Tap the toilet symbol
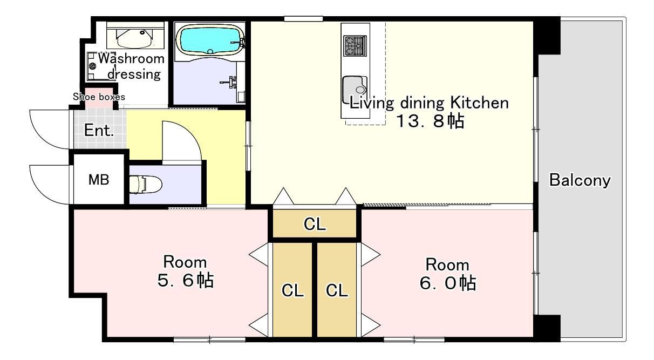145,184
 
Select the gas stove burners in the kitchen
355,46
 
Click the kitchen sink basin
355,90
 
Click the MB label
99,180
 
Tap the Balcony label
580,180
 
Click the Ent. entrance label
99,130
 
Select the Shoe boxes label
99,97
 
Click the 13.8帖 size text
431,121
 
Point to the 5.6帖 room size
186,280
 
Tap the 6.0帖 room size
448,283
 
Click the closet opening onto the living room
315,223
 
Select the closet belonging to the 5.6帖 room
292,290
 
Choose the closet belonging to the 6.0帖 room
337,290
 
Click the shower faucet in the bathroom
229,82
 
